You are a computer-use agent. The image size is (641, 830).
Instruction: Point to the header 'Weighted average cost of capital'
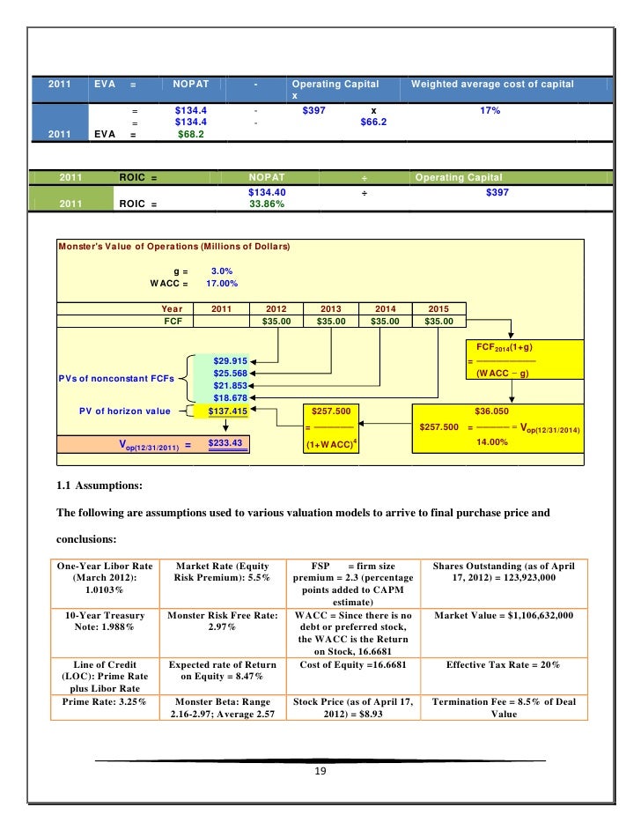click(491, 84)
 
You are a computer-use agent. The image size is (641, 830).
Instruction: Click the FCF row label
click(173, 322)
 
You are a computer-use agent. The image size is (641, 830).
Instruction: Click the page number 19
click(320, 772)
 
